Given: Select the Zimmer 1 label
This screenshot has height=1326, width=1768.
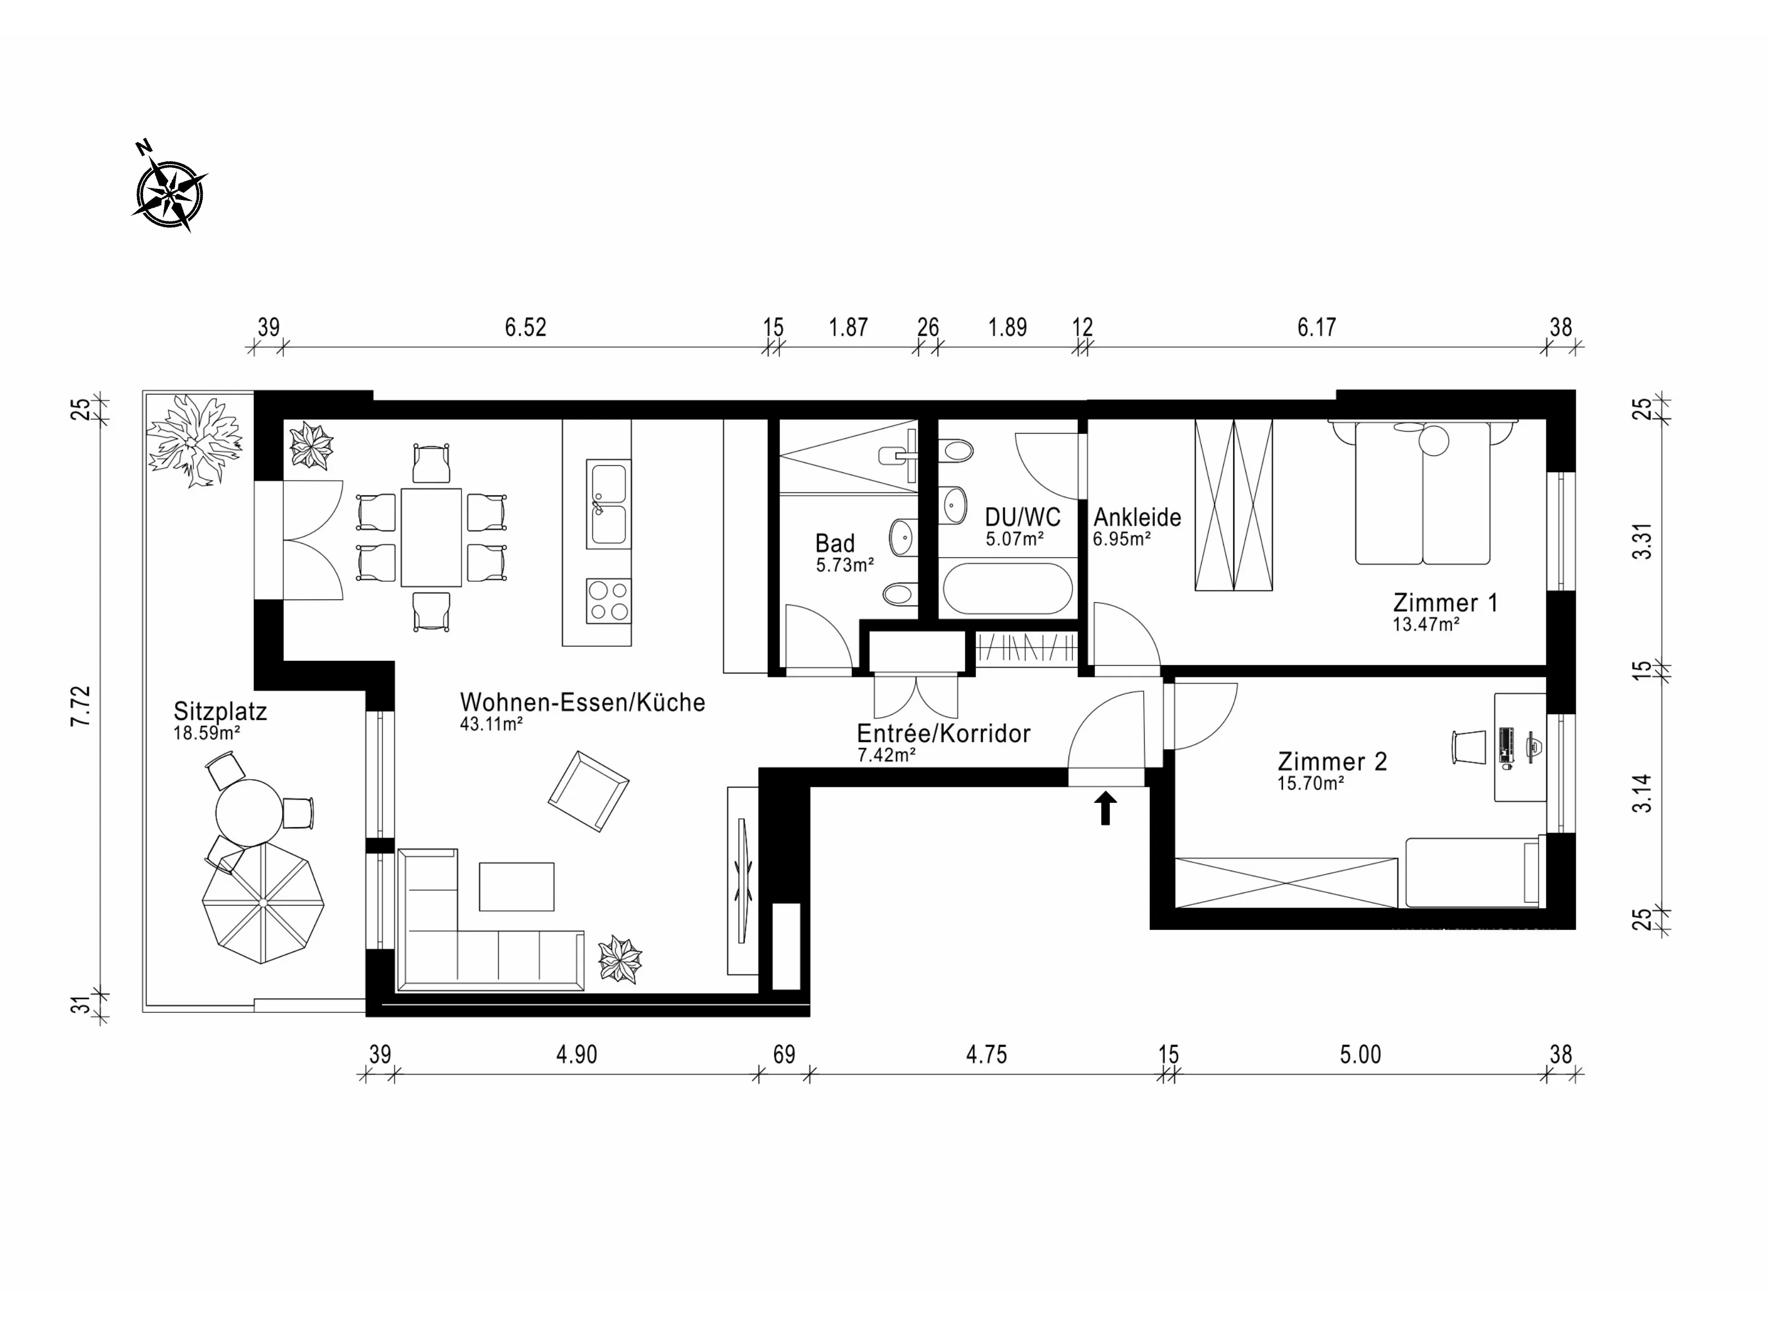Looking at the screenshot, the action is (x=1445, y=603).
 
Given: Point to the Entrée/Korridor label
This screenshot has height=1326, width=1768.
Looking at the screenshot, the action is (x=944, y=733).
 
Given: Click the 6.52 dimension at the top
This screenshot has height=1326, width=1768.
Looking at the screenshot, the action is (x=525, y=327).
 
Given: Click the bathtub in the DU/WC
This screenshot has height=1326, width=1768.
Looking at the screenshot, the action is (x=1008, y=588).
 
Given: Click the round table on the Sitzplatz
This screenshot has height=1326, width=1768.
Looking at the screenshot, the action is (x=249, y=813).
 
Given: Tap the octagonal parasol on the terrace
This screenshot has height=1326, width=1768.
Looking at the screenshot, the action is (x=263, y=903).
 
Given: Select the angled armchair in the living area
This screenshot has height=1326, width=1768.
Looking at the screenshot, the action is (x=588, y=791).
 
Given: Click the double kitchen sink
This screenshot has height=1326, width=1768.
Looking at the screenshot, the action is (x=608, y=503).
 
